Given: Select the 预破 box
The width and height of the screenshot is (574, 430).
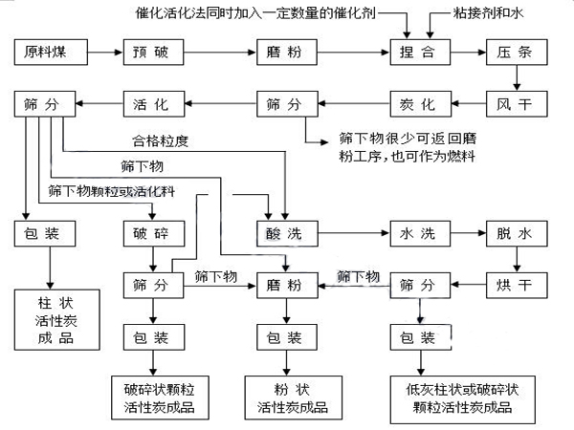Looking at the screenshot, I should tap(153, 52).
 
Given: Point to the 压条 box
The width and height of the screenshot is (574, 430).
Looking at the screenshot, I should tap(516, 52).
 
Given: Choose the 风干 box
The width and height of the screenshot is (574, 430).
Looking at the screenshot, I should tap(516, 100).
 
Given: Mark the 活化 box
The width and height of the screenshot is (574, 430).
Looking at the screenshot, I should tap(153, 100).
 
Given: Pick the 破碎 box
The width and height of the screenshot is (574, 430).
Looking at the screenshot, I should tap(153, 232).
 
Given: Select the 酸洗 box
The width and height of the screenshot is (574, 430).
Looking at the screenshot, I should tap(285, 232).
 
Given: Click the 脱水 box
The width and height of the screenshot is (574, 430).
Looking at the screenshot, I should tap(516, 232).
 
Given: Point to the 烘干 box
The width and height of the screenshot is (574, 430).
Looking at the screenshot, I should tap(516, 284).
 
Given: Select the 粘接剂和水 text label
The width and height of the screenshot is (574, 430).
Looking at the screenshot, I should tap(497, 16).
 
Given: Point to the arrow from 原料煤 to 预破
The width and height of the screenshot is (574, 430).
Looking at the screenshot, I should tap(100, 52).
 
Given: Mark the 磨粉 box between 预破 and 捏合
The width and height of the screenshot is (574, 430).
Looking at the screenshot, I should tap(285, 52).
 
